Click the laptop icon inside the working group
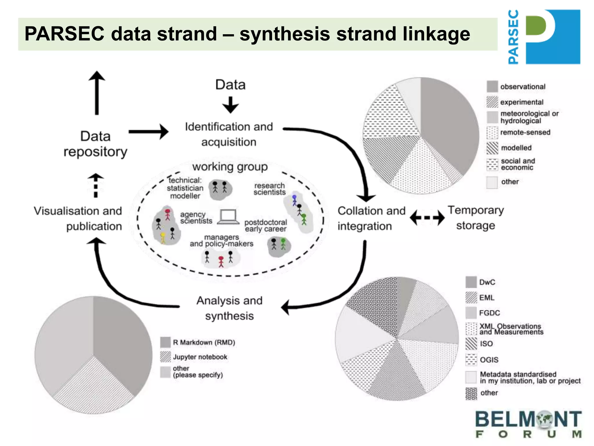[x=228, y=217]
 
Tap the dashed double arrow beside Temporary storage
[x=427, y=217]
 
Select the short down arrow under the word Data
[x=231, y=105]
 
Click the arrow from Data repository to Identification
[x=148, y=132]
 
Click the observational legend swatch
[x=492, y=87]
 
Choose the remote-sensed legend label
[x=525, y=132]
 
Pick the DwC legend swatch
[x=471, y=282]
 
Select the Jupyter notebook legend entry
[x=200, y=357]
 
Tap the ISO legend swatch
[x=471, y=344]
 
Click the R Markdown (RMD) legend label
[x=204, y=342]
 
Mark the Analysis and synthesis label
[x=229, y=308]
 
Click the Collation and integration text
[x=371, y=218]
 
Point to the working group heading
[x=230, y=167]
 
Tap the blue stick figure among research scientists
[x=294, y=200]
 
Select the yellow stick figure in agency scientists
[x=163, y=238]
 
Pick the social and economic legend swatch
[x=492, y=164]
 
